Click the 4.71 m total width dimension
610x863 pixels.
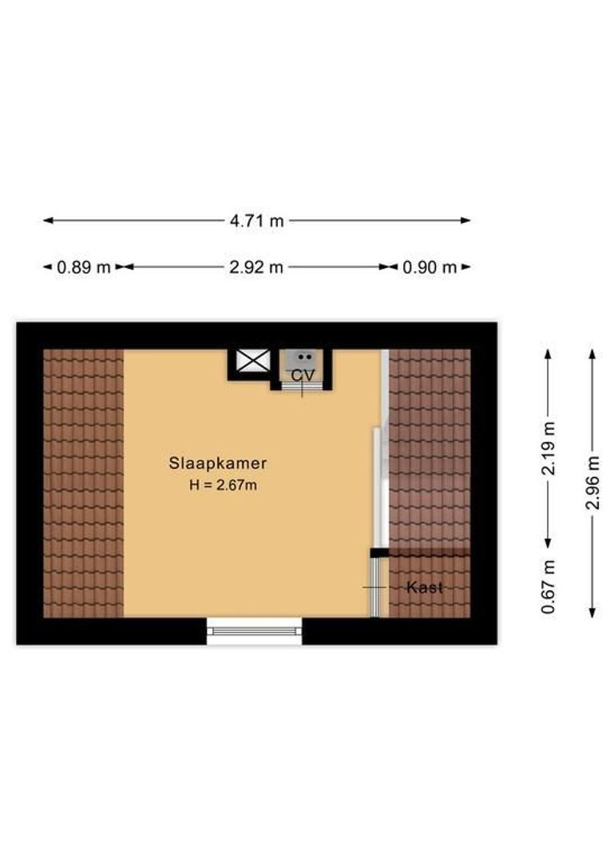coord(256,221)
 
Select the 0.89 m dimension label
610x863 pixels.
coord(83,268)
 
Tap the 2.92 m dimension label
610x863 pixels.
coord(256,268)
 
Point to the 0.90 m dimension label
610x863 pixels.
coord(430,268)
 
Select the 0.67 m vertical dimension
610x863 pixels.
coord(549,587)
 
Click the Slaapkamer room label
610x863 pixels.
coord(217,463)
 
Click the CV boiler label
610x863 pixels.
coord(302,375)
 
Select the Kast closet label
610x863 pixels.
coord(425,587)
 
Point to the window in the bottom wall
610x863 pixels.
coord(255,630)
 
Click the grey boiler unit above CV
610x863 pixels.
coord(303,359)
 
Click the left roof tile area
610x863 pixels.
coord(83,483)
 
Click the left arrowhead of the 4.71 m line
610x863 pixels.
coord(47,221)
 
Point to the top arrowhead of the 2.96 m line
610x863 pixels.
coord(592,354)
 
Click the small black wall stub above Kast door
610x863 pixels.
coord(378,552)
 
